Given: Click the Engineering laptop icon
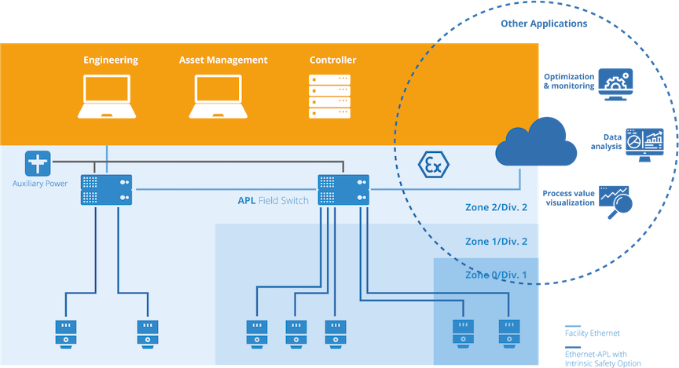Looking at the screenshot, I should coord(111,97).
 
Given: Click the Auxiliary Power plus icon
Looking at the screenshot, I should coord(37,164).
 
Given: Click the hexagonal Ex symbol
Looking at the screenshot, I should coord(431,166).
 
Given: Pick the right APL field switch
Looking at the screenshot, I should coord(343,189).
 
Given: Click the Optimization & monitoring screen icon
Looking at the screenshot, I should coord(616,84).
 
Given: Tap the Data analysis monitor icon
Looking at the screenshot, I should coord(644,144).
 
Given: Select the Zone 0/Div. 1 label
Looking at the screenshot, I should coord(495,275).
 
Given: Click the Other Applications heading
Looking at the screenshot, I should coord(543,24).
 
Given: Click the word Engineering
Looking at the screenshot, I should coord(111,60).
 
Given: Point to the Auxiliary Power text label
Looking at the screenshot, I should coord(39,184).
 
